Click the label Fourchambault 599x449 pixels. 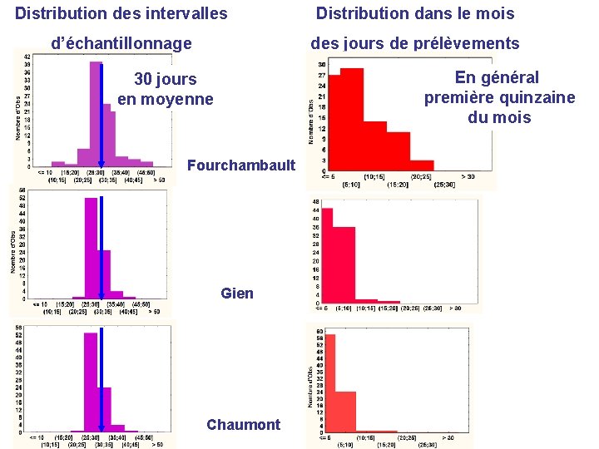pyautogui.click(x=241, y=165)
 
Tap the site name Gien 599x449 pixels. pyautogui.click(x=237, y=294)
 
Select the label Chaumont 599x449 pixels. pyautogui.click(x=244, y=425)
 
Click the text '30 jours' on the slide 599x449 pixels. pyautogui.click(x=166, y=80)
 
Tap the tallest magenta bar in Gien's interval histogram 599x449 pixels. pyautogui.click(x=92, y=249)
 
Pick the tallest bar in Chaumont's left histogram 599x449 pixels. pyautogui.click(x=92, y=382)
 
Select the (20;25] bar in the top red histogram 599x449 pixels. pyautogui.click(x=421, y=165)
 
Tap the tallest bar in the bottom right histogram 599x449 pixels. pyautogui.click(x=329, y=383)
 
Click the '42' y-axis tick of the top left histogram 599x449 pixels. pyautogui.click(x=27, y=57)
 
